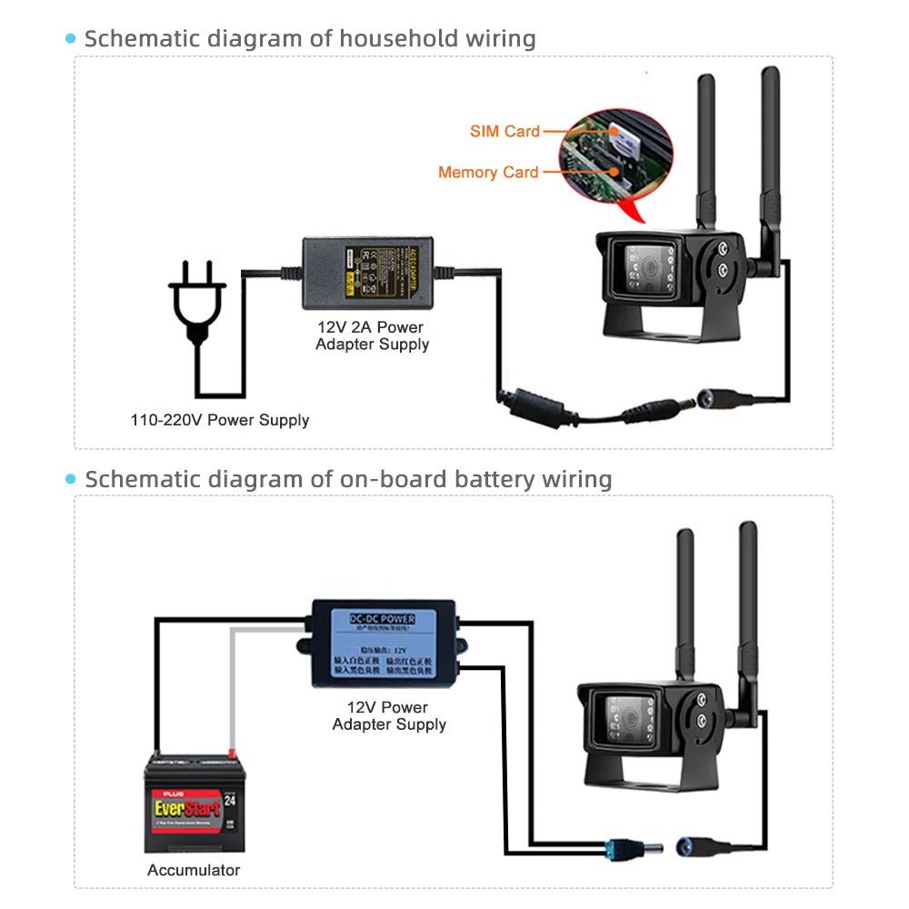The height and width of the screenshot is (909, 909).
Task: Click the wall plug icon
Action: [196, 300]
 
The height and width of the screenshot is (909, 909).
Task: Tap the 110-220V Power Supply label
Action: [219, 420]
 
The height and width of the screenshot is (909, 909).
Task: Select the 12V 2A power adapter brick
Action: [374, 270]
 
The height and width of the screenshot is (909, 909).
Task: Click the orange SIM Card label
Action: [504, 131]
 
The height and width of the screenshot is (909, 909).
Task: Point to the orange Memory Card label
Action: [488, 172]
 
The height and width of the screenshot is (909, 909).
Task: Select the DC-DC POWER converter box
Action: [383, 642]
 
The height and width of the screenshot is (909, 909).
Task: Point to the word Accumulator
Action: [194, 870]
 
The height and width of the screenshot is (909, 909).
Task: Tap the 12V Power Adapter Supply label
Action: [389, 715]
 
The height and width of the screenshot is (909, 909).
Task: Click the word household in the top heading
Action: [391, 39]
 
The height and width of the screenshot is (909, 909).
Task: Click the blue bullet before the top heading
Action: [71, 38]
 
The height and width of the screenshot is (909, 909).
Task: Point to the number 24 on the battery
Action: [230, 801]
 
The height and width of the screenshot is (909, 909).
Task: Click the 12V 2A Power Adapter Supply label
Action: [372, 335]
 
